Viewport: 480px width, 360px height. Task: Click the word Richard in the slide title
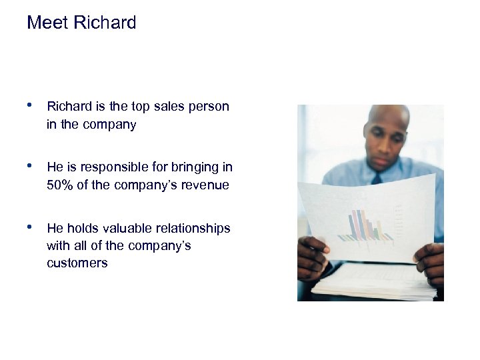(x=105, y=23)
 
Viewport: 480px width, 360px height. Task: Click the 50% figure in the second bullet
(x=61, y=185)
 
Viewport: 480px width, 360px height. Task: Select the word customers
(x=77, y=263)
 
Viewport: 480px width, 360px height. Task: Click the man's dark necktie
(x=377, y=179)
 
